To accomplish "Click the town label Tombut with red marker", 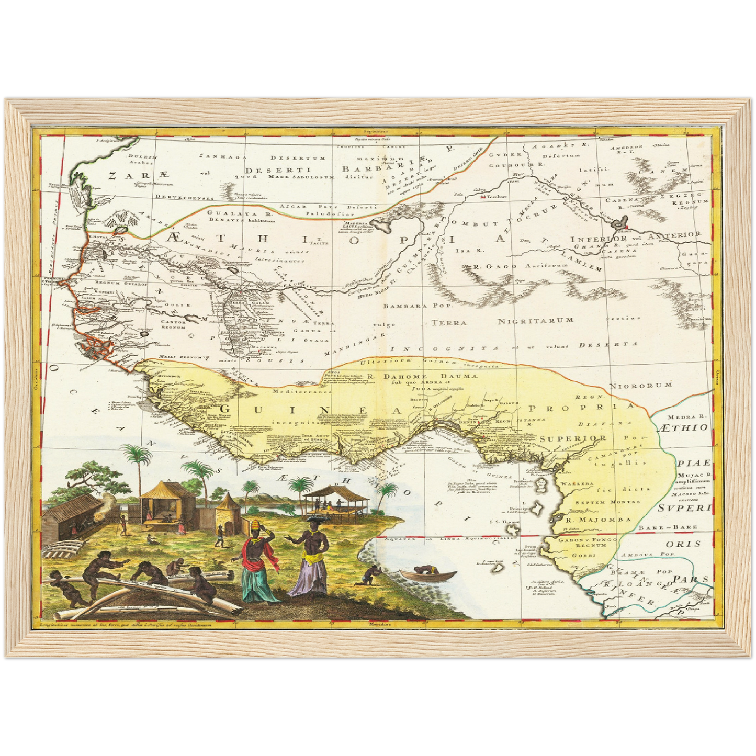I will click(x=490, y=198).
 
